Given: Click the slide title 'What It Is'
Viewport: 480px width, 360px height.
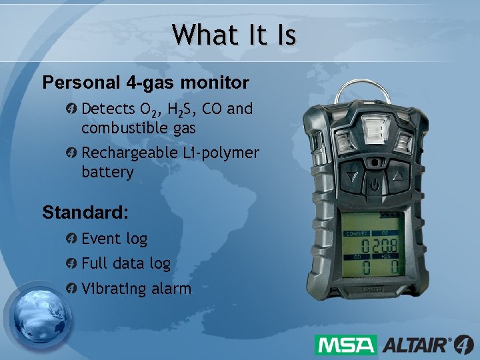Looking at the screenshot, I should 233,35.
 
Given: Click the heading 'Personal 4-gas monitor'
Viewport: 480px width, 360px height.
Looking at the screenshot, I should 145,83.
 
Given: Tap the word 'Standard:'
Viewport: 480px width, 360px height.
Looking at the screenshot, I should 85,213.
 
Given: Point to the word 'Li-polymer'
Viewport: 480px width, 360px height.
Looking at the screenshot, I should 221,153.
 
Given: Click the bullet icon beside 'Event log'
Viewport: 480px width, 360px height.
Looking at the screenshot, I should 72,239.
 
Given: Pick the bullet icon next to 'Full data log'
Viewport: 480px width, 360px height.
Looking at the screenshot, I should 72,264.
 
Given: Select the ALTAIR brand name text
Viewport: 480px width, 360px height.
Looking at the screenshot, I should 415,345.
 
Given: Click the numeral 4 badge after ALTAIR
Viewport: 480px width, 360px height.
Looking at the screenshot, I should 463,344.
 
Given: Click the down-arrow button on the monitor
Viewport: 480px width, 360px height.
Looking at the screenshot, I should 351,179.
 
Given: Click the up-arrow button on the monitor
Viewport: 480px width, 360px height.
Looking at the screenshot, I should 399,178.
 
